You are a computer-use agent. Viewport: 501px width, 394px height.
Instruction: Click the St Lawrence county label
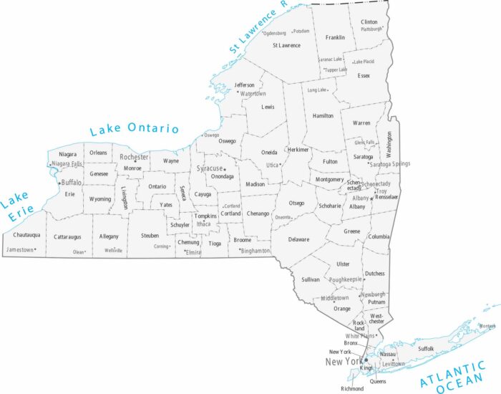click(286, 45)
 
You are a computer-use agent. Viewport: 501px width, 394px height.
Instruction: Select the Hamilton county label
click(323, 115)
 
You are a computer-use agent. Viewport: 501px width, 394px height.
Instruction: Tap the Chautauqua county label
click(26, 235)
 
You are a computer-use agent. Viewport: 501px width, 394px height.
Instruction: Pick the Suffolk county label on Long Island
click(426, 348)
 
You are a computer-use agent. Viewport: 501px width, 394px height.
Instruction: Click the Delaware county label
click(299, 239)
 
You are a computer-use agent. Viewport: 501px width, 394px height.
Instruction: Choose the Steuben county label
click(150, 235)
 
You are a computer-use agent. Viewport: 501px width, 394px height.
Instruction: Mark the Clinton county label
click(369, 22)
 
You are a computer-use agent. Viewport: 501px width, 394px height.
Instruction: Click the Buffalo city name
click(72, 183)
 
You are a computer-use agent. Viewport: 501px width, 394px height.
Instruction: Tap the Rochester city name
click(134, 157)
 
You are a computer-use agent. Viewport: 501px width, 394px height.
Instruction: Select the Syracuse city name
click(209, 168)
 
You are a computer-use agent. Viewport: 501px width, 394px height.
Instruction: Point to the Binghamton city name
click(256, 251)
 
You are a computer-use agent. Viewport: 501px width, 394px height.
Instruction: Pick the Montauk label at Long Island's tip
click(487, 326)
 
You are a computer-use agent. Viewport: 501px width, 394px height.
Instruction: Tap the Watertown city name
click(253, 94)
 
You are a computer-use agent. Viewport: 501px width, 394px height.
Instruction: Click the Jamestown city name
click(19, 250)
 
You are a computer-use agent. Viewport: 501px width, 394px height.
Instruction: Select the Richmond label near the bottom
click(352, 388)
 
